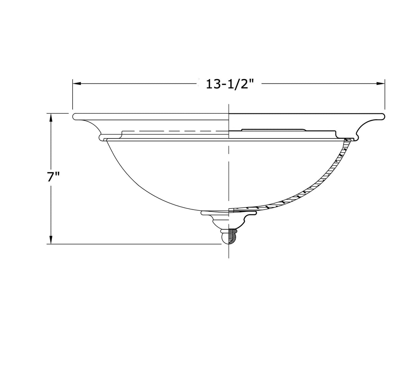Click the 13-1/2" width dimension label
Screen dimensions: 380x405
click(x=229, y=84)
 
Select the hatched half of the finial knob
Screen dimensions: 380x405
click(x=233, y=237)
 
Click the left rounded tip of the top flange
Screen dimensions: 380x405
click(x=75, y=117)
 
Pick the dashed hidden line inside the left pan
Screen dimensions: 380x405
click(x=175, y=131)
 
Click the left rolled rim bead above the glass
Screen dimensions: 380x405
click(x=101, y=137)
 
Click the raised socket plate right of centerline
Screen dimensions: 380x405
click(x=273, y=129)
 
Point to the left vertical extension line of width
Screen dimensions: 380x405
click(x=73, y=94)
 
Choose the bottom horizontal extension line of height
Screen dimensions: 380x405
click(x=135, y=244)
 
